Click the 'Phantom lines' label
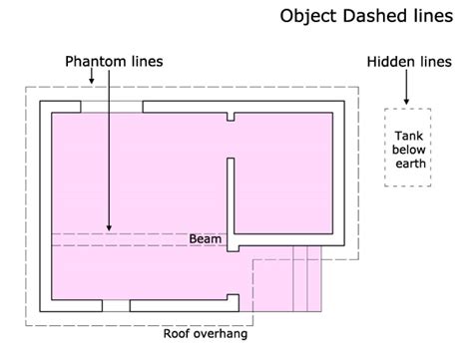tap(114, 62)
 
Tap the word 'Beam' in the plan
tap(206, 239)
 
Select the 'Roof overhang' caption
tap(205, 334)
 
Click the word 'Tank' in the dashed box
tap(408, 136)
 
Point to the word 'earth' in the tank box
tap(408, 166)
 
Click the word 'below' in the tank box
tap(408, 151)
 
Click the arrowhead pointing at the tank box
tap(407, 101)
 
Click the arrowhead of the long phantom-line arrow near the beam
tap(110, 228)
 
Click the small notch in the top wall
tap(231, 116)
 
